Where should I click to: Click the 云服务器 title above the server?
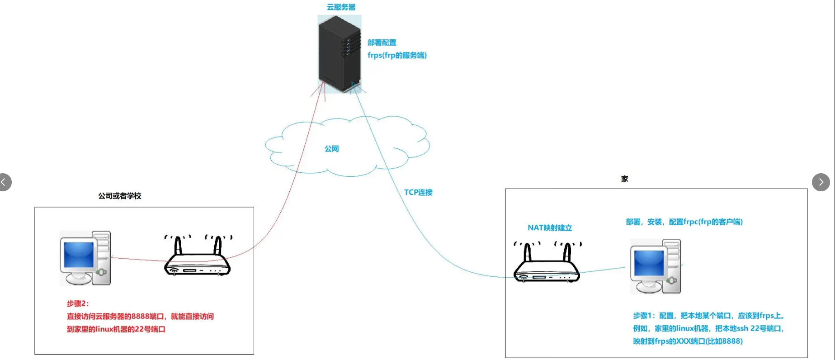pos(341,7)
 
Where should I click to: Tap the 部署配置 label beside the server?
pos(382,43)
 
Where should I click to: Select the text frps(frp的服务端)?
pos(397,55)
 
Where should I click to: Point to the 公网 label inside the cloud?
pos(331,149)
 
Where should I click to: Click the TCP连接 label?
pos(418,192)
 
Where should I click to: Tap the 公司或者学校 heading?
pos(120,196)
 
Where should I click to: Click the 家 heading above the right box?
pos(624,179)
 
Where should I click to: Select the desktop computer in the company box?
pos(85,258)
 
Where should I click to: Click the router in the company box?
pos(197,258)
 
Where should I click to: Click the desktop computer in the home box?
pos(656,267)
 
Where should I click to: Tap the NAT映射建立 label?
pos(550,228)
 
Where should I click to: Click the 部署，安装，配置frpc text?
pos(684,222)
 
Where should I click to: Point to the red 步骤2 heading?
pos(78,303)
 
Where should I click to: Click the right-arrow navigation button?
pos(821,182)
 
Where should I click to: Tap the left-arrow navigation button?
pos(4,182)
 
